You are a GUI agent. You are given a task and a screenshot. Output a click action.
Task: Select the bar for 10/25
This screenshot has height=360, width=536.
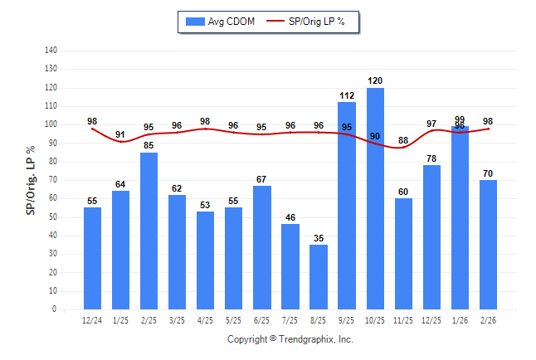[375, 199]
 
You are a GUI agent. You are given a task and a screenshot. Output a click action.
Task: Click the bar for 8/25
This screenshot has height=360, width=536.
[319, 277]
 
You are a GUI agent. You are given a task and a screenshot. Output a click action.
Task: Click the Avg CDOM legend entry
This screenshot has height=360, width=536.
[221, 22]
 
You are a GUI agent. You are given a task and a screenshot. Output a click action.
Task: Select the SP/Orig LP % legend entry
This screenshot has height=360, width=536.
[313, 22]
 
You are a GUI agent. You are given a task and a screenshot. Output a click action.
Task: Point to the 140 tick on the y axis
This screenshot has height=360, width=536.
[51, 51]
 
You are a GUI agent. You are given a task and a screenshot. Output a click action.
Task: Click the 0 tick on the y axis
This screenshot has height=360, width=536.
[54, 309]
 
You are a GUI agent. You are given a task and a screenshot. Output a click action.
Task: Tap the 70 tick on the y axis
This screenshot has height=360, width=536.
[52, 180]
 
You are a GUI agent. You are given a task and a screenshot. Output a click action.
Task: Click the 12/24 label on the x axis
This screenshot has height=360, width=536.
[92, 320]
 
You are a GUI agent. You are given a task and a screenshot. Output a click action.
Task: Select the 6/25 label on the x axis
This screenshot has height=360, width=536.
[262, 320]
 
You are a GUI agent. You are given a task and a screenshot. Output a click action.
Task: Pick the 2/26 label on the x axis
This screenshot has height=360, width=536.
[488, 320]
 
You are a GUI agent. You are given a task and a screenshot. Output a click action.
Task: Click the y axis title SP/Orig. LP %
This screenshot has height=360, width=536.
[31, 180]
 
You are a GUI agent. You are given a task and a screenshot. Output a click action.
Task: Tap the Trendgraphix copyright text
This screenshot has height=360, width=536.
[290, 339]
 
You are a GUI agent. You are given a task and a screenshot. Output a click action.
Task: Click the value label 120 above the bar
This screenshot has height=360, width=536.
[375, 80]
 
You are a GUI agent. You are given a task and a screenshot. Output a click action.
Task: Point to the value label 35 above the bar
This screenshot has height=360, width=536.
[319, 238]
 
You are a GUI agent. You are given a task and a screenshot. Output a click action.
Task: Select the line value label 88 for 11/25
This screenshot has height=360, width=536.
[403, 140]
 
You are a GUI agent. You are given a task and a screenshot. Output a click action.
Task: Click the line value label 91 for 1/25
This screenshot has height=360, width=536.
[121, 134]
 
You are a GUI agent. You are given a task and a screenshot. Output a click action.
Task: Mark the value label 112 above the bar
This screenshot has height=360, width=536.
[347, 95]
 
